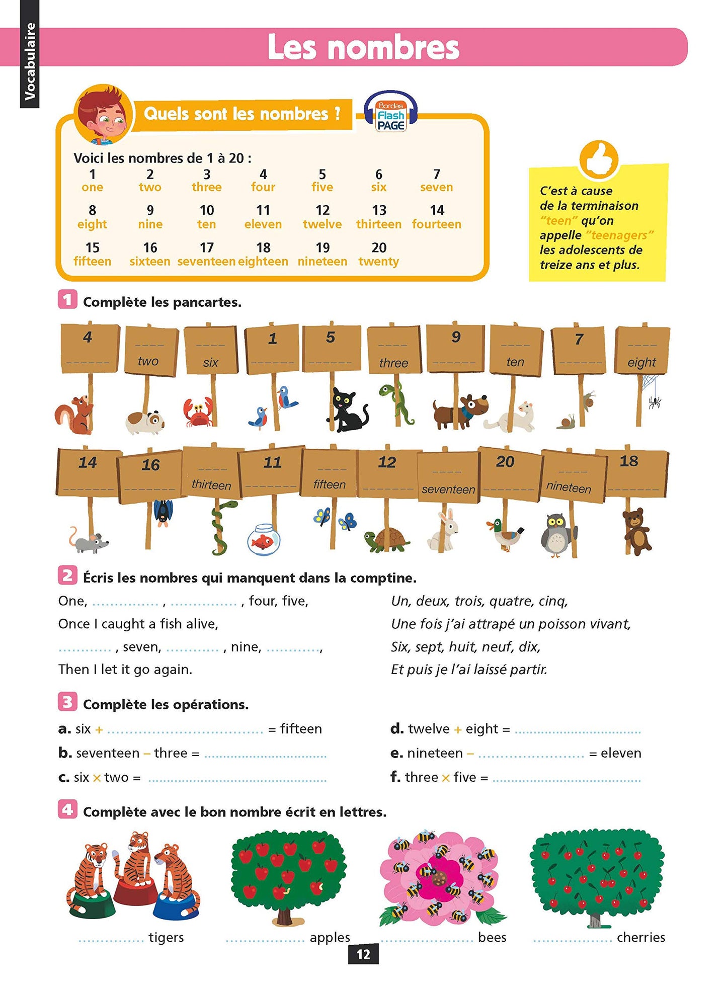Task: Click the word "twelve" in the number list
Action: tap(322, 224)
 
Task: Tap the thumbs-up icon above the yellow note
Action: tap(598, 159)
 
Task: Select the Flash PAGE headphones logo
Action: tap(391, 113)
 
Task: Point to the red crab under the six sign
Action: tap(198, 412)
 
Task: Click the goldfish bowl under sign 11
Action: tap(264, 539)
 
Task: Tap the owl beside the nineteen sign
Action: tap(556, 534)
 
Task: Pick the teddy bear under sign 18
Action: tap(636, 531)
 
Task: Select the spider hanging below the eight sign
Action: tap(654, 401)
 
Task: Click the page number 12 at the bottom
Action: tap(363, 954)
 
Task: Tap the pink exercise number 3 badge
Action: tap(67, 702)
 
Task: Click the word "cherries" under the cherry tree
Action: tap(640, 937)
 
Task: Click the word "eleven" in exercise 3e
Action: tap(621, 753)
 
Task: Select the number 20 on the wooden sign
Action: tap(505, 461)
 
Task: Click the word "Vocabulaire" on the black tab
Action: tap(30, 61)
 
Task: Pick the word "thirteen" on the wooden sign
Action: tap(211, 485)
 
